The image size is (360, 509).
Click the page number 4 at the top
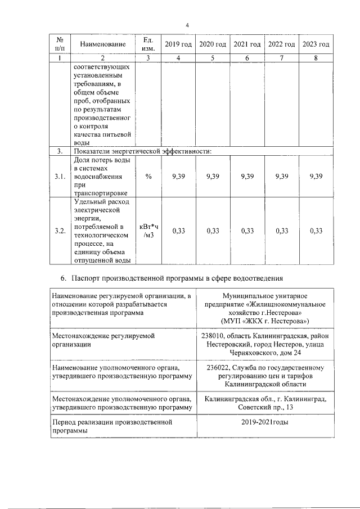coord(187,25)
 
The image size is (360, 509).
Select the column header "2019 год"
coord(178,44)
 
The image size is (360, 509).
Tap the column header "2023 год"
coord(316,44)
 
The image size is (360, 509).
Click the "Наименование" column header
coord(102,44)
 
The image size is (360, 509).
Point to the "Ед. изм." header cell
coord(148,44)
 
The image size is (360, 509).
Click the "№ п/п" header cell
coord(59,44)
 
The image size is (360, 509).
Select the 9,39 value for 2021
coord(247,176)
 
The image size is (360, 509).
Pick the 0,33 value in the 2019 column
coord(178,231)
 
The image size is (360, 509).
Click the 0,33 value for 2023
coord(316,231)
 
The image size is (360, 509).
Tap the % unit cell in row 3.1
coord(148,176)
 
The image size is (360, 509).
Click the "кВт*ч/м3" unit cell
coord(148,231)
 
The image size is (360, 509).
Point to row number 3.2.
coord(60,231)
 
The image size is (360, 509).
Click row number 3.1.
coord(60,177)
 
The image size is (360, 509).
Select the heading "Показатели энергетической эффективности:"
coord(141,152)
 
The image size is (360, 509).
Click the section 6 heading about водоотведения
coord(175,278)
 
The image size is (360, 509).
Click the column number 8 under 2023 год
coord(316,58)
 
